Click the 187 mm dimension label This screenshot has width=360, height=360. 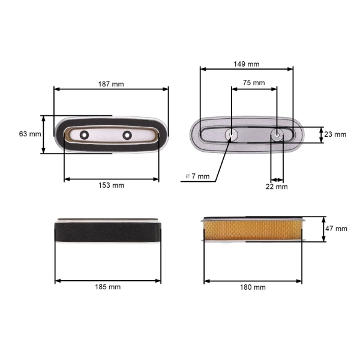click(111, 84)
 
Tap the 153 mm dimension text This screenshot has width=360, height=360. click(111, 185)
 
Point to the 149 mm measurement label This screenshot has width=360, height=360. click(247, 64)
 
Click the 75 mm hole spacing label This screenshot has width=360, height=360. click(254, 83)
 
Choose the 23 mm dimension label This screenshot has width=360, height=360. click(335, 134)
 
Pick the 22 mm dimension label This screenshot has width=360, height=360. click(277, 187)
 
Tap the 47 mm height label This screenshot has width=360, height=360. click(336, 229)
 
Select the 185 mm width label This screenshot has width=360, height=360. click(108, 287)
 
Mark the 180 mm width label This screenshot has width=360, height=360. click(253, 287)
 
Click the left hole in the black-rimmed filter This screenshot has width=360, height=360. click(84, 134)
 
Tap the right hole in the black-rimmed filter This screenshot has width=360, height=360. click(127, 134)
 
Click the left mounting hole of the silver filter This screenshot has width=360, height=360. click(232, 135)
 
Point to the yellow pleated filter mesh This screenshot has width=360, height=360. click(255, 230)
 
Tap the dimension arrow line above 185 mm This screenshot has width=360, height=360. click(108, 280)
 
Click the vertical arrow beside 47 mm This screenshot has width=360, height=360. click(324, 229)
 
